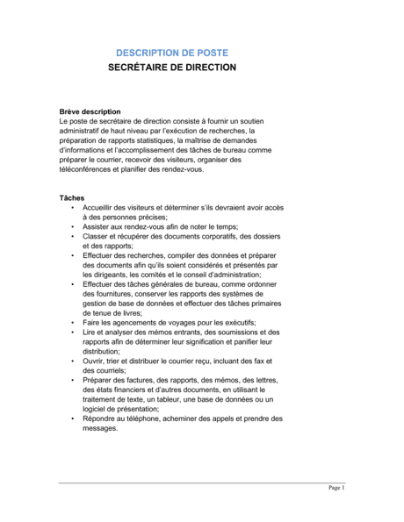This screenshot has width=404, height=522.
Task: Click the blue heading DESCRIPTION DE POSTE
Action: [171, 53]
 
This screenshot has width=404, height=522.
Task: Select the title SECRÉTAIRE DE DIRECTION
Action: [171, 67]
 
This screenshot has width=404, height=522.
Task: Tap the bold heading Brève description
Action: [90, 111]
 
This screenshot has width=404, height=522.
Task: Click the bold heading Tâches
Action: [72, 197]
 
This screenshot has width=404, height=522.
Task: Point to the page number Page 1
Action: [336, 488]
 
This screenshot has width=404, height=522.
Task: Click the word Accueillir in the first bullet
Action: [99, 207]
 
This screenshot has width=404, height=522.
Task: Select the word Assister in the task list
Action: [97, 226]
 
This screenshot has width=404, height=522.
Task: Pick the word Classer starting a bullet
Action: [97, 236]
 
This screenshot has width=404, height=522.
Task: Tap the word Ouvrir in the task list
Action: [94, 361]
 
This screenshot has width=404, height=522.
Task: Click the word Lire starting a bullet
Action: [89, 333]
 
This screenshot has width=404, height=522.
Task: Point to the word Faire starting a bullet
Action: [92, 323]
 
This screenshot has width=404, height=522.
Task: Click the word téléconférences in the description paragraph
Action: [92, 169]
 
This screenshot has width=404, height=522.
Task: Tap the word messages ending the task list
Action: [100, 428]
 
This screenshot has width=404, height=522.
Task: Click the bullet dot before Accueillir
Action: [72, 207]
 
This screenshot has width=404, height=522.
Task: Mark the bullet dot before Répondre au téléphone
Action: [72, 418]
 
